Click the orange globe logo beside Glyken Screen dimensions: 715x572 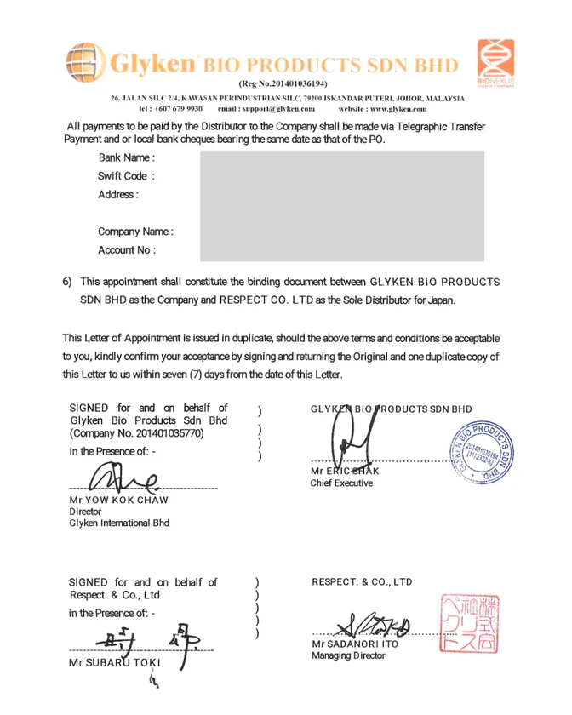[x=85, y=62]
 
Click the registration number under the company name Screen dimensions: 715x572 [x=283, y=83]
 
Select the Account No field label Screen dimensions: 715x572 [x=126, y=250]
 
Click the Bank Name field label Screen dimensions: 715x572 [x=126, y=157]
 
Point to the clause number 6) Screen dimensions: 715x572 [x=67, y=282]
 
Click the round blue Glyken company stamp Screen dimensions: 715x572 [x=483, y=451]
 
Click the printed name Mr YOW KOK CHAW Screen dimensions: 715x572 [x=119, y=500]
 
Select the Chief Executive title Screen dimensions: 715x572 [x=341, y=483]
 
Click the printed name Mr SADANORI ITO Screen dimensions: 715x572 [x=355, y=644]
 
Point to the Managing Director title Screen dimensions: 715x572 [x=348, y=655]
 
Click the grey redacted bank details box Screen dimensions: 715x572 [x=342, y=206]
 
